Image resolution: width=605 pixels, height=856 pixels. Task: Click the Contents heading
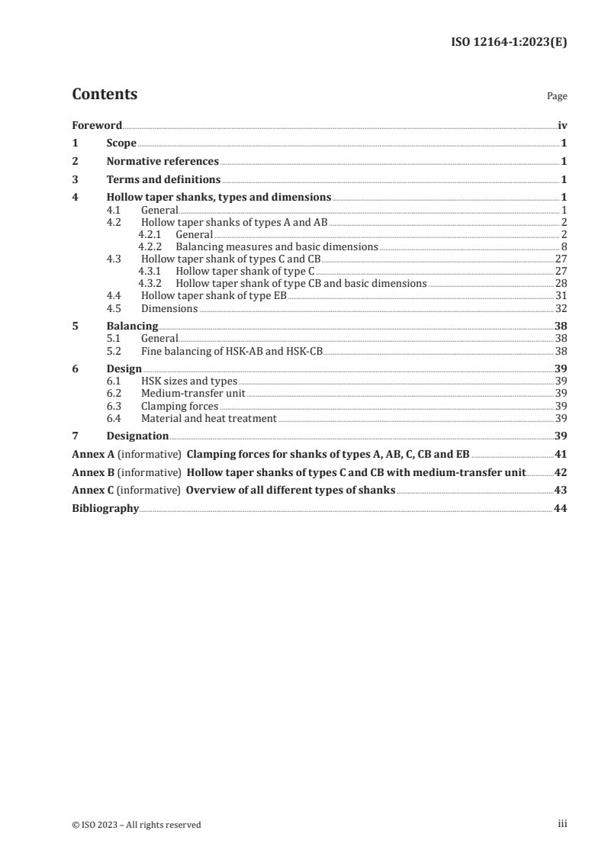[x=105, y=95]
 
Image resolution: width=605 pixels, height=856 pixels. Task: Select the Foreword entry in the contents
[x=97, y=125]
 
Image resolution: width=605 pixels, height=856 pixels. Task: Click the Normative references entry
[x=163, y=162]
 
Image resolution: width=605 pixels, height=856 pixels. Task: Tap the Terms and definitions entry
[x=163, y=180]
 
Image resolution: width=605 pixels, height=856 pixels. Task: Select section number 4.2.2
[x=151, y=247]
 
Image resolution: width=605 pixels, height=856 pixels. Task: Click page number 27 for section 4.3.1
[x=561, y=271]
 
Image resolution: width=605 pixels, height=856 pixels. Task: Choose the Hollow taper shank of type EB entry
[x=214, y=296]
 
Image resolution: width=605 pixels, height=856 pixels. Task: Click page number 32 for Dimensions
[x=561, y=308]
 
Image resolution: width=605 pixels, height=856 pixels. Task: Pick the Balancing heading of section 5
[x=127, y=326]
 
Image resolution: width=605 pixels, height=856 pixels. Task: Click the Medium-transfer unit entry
[x=194, y=394]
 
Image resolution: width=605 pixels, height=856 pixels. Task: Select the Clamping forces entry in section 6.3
[x=180, y=407]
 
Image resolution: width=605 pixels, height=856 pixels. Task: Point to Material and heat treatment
[x=209, y=419]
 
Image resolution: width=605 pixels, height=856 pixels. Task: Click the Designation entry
[x=137, y=436]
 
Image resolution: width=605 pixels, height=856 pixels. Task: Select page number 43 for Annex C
[x=561, y=491]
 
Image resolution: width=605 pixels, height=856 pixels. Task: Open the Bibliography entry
[x=105, y=508]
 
